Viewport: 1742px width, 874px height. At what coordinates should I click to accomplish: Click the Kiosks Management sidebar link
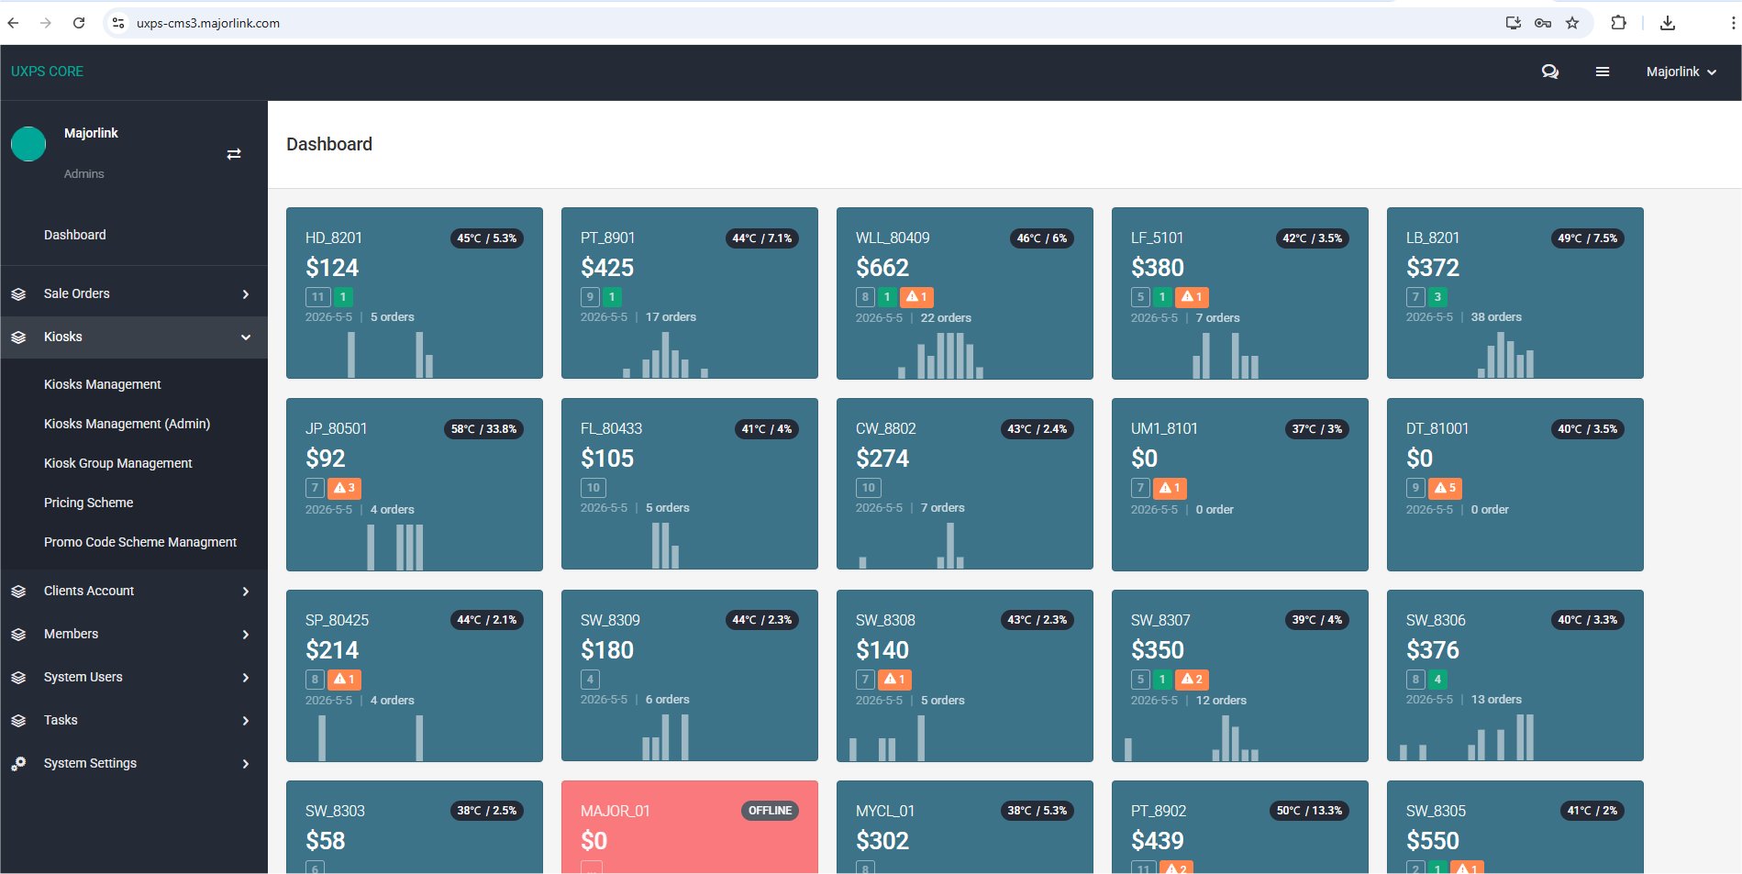click(102, 384)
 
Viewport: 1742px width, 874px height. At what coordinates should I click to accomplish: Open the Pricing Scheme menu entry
click(88, 503)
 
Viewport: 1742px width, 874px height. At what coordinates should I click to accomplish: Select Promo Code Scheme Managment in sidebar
click(140, 542)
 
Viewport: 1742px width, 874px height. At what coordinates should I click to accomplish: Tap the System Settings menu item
click(90, 763)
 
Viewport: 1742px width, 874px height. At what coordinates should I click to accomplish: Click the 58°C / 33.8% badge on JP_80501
click(483, 429)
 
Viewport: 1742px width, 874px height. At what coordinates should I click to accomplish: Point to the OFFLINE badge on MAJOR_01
click(770, 811)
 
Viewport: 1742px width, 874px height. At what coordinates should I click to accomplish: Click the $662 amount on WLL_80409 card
click(882, 268)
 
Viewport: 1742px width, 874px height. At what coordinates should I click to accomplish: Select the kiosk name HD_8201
click(334, 238)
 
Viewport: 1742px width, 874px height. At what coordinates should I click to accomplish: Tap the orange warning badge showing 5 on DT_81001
click(1446, 488)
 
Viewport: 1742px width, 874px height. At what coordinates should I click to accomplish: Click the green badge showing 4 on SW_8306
click(1437, 680)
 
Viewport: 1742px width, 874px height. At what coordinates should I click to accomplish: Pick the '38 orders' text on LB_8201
click(1496, 317)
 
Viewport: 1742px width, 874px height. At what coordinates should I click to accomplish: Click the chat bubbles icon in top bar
click(1550, 72)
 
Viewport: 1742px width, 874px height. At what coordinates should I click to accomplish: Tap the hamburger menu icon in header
click(1603, 72)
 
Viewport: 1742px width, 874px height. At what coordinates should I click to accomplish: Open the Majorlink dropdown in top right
click(1681, 72)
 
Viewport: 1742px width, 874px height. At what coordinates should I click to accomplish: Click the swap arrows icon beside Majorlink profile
click(234, 154)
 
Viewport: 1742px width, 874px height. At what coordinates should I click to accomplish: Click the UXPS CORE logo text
click(47, 72)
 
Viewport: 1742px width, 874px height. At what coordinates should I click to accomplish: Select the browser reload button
click(79, 23)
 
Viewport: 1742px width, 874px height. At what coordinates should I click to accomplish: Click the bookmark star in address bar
click(1572, 23)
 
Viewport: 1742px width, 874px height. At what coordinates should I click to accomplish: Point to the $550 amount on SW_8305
click(1433, 841)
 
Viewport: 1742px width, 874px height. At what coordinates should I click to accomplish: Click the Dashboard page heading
click(329, 144)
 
